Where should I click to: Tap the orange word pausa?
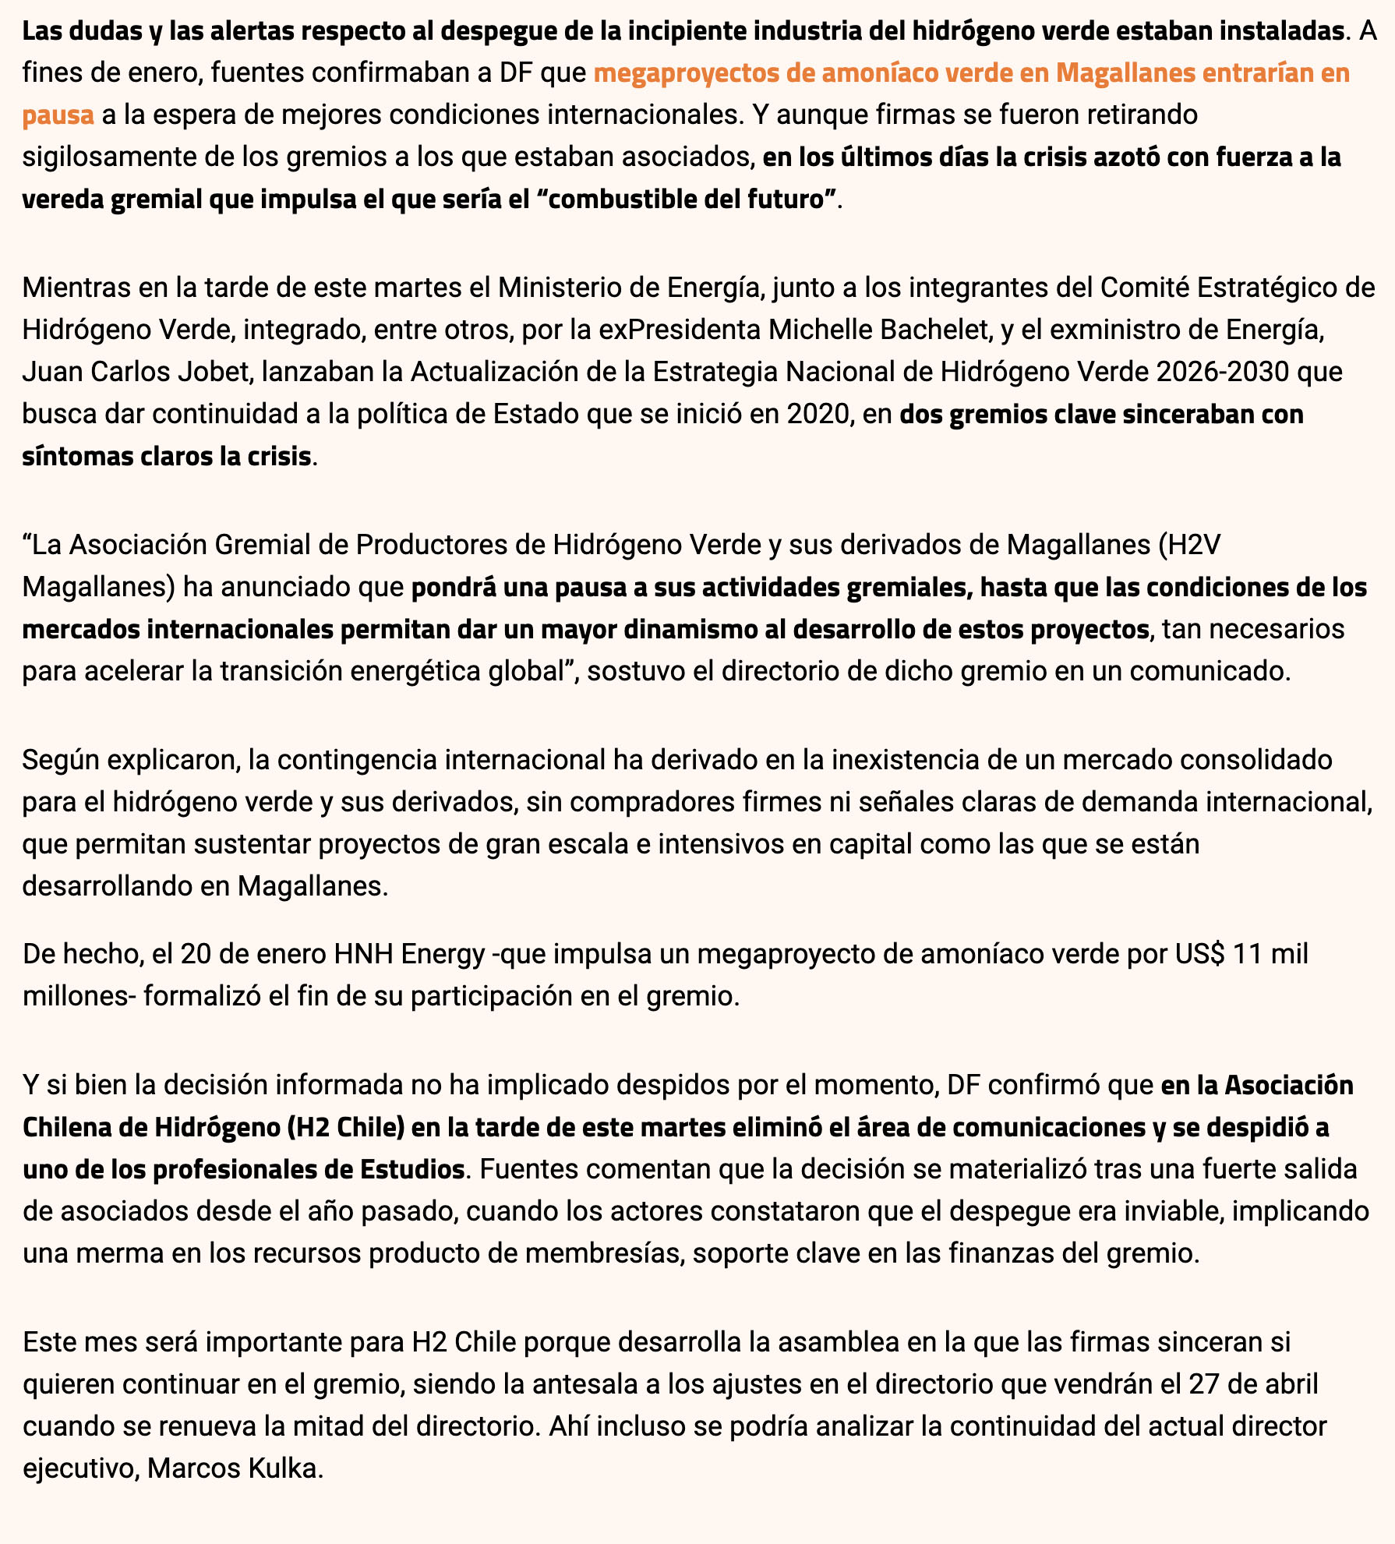(58, 115)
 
